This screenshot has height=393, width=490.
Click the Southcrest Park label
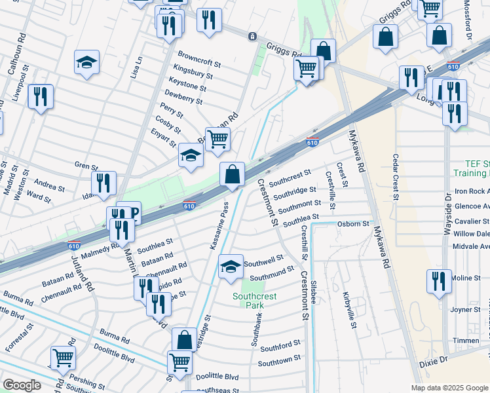255,301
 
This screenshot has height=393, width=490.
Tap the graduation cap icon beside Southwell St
230,267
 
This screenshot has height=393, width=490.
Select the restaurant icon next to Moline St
438,280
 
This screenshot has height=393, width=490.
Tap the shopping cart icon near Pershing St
63,358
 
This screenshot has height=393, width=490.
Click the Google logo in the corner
22,385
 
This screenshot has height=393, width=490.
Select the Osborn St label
353,223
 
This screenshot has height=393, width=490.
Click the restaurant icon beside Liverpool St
41,97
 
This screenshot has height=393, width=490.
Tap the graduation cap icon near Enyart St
191,156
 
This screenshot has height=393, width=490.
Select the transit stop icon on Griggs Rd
252,37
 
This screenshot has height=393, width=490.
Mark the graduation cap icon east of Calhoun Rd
86,63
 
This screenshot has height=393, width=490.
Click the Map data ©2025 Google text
449,388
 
